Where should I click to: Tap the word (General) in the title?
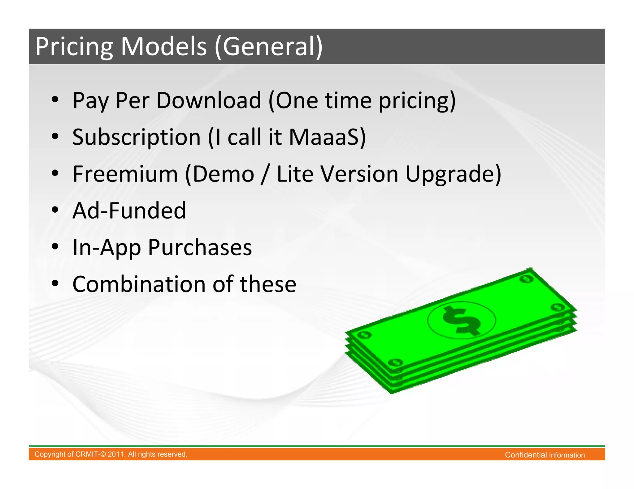point(268,46)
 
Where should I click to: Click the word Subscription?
point(136,137)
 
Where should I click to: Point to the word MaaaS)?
point(327,137)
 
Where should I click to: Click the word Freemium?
point(125,174)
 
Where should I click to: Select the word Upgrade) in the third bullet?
point(453,174)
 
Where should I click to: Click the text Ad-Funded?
point(129,210)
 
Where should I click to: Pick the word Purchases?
point(200,247)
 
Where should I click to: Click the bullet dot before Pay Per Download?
point(55,100)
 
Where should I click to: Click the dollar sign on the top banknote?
point(461,321)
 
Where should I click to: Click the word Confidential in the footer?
point(526,455)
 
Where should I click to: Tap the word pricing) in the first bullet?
point(417,101)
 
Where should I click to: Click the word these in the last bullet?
point(268,284)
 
